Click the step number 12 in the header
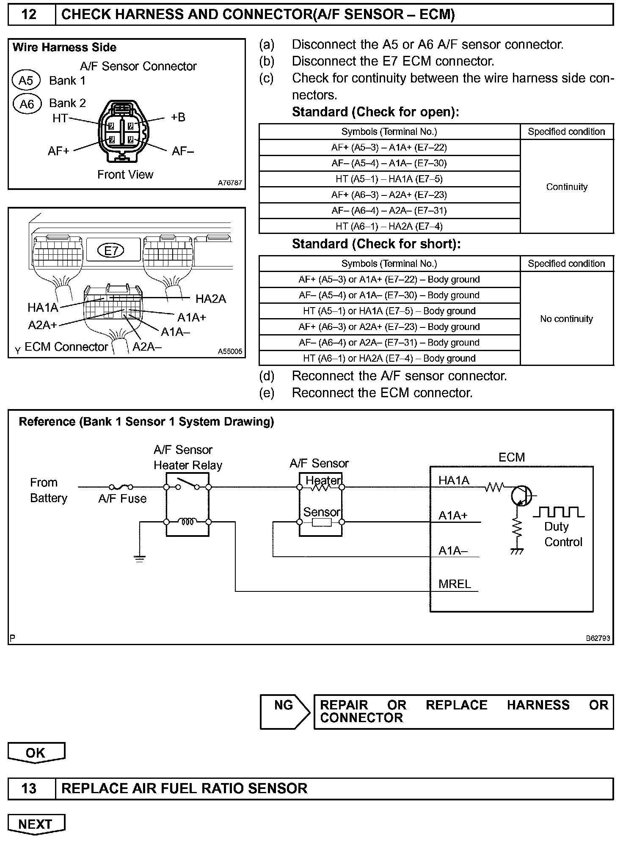pyautogui.click(x=29, y=14)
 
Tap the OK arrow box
pyautogui.click(x=36, y=752)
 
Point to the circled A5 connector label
pyautogui.click(x=26, y=80)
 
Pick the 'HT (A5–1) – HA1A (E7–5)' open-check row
pyautogui.click(x=389, y=179)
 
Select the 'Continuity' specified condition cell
pyautogui.click(x=567, y=187)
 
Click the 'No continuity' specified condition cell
pyautogui.click(x=566, y=319)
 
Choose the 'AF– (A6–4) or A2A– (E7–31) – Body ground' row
pyautogui.click(x=389, y=343)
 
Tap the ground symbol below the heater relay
pyautogui.click(x=139, y=558)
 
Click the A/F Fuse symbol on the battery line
pyautogui.click(x=121, y=487)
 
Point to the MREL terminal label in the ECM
pyautogui.click(x=455, y=584)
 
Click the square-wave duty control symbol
pyautogui.click(x=559, y=512)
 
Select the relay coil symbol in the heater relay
pyautogui.click(x=187, y=522)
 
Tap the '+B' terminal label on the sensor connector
pyautogui.click(x=178, y=117)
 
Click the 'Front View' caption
pyautogui.click(x=125, y=174)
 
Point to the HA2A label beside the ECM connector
pyautogui.click(x=211, y=299)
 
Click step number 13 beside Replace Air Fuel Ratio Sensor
pyautogui.click(x=29, y=789)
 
